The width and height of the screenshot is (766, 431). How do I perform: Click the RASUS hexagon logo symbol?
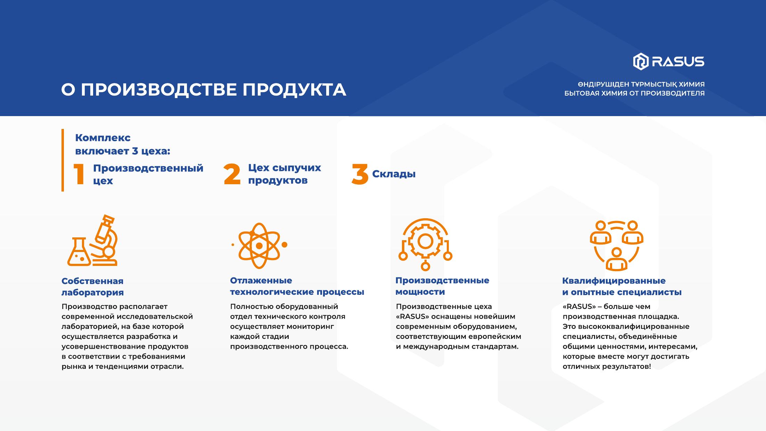(x=641, y=62)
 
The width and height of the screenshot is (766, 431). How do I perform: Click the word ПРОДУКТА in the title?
(x=294, y=90)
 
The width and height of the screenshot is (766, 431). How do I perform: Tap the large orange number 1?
(x=80, y=174)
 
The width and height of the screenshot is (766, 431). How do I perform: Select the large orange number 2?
(x=232, y=174)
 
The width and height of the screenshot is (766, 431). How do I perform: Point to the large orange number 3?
(x=360, y=174)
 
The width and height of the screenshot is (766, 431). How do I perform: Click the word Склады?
(x=394, y=174)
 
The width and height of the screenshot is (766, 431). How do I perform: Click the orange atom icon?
(x=259, y=245)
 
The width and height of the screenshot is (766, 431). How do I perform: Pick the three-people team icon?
(x=616, y=245)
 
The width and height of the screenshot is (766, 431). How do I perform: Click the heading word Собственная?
(x=92, y=281)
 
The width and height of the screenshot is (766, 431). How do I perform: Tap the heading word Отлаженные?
(x=261, y=280)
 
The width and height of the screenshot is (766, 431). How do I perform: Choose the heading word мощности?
(x=420, y=292)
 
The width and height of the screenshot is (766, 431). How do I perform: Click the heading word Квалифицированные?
(x=614, y=281)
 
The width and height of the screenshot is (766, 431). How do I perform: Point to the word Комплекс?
(x=103, y=138)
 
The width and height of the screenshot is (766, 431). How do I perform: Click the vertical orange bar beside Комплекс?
(x=63, y=160)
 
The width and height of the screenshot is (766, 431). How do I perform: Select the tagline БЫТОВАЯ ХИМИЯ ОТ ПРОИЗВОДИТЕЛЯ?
(x=634, y=93)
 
